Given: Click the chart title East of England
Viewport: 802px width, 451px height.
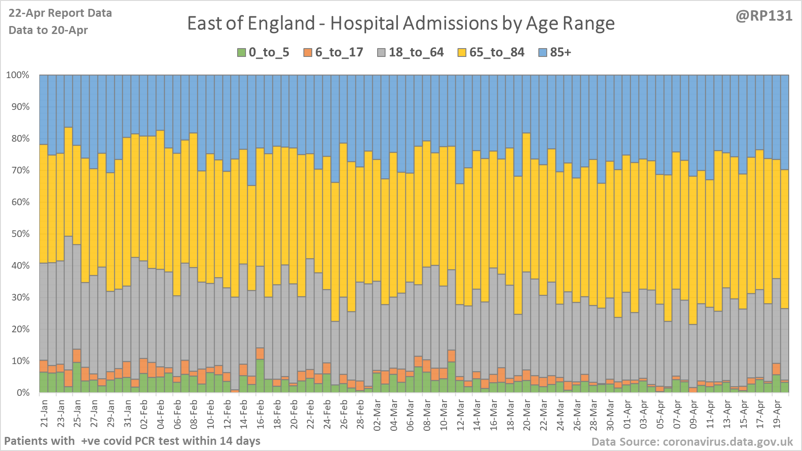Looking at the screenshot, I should coord(401,23).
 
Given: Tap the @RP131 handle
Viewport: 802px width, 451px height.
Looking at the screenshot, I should coord(764,16).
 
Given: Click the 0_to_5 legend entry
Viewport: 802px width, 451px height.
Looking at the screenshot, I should coord(264,53).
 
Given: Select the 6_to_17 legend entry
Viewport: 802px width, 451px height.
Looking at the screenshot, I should coord(333,53).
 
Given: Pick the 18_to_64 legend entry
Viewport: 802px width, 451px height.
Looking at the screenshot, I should coord(411,53).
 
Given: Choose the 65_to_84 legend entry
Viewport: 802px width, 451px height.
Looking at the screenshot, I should coord(491,53).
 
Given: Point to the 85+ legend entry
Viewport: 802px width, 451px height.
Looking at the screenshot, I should coord(555,53).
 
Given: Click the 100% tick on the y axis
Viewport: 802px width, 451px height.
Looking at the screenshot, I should coord(18,75).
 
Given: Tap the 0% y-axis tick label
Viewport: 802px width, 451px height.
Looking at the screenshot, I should coord(22,393).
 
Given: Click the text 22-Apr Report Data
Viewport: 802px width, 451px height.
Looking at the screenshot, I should coord(60,13).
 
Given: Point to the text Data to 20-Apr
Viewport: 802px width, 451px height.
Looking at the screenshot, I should coord(48,30).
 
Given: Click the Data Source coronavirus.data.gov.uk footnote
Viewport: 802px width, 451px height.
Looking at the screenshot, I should coord(692,442).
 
